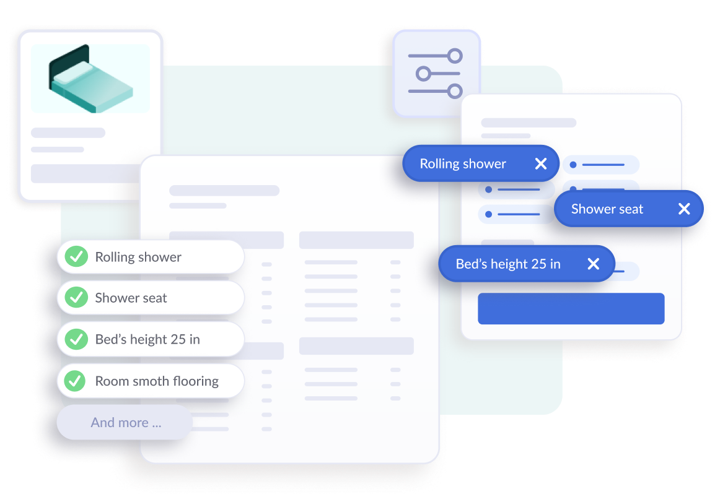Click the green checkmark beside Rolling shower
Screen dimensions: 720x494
tap(76, 257)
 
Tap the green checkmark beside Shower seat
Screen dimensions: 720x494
tap(76, 298)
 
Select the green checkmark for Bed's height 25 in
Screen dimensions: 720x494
tap(76, 339)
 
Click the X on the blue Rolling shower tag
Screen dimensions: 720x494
tap(541, 163)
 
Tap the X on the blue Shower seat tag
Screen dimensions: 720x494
tap(684, 209)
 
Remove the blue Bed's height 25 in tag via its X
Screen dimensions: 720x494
tap(594, 264)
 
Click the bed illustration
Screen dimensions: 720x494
tap(90, 79)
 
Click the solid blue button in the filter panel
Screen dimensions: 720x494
tap(571, 308)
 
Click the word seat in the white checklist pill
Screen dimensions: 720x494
tap(154, 298)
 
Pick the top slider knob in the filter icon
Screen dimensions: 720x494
tap(455, 56)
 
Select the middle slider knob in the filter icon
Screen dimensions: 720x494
tap(423, 74)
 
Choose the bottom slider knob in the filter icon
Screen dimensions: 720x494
tap(455, 91)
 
